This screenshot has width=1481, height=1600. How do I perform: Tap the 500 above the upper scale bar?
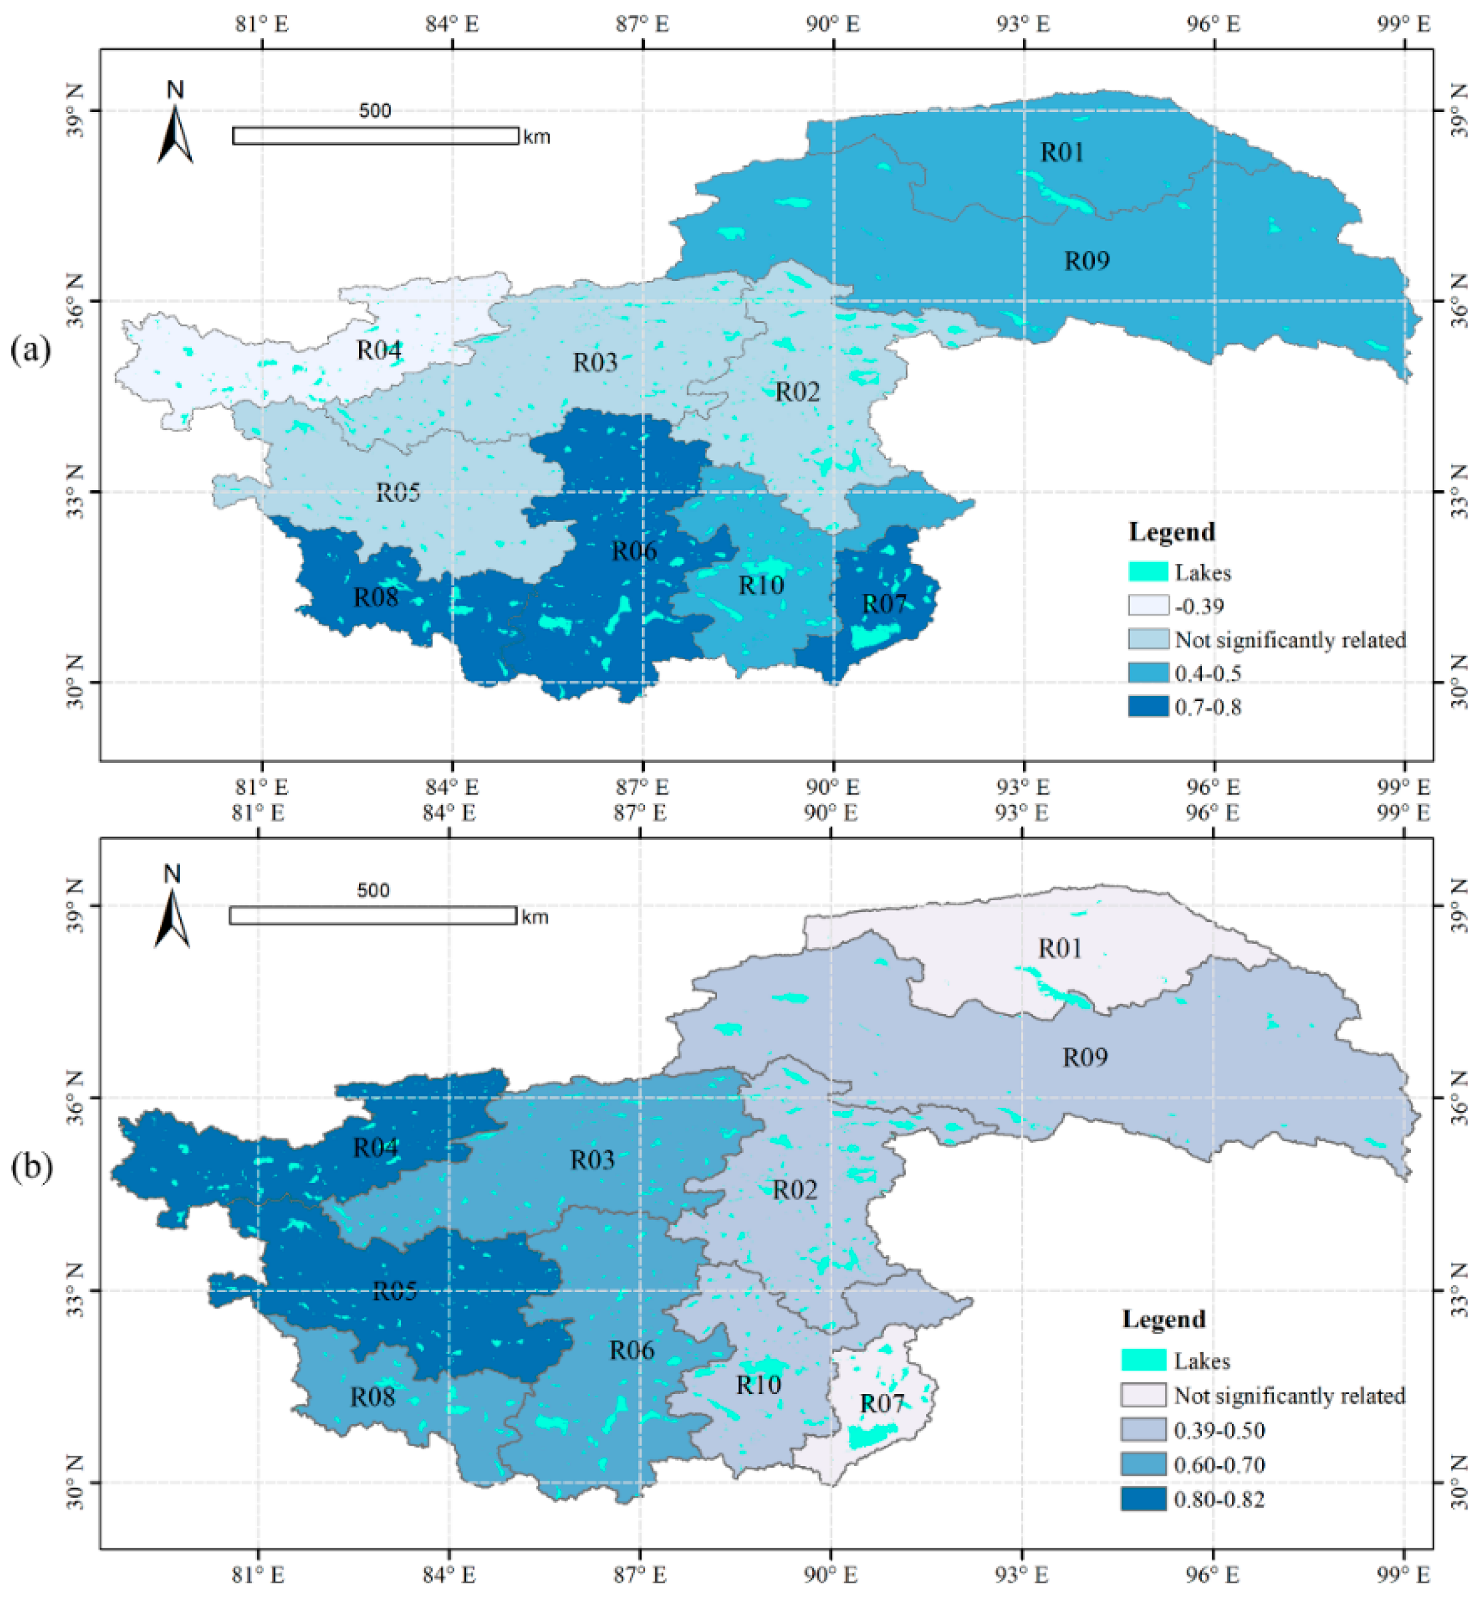click(x=374, y=111)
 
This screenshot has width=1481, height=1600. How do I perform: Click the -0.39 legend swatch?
click(x=1148, y=605)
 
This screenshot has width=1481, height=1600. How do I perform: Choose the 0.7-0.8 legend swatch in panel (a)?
click(x=1148, y=706)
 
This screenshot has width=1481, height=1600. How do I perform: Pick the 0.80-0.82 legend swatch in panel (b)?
click(x=1143, y=1499)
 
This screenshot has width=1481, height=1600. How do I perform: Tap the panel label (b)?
click(x=31, y=1168)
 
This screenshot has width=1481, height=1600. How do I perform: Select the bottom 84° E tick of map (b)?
click(x=449, y=1574)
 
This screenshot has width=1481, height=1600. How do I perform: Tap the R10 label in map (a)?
click(x=760, y=585)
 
